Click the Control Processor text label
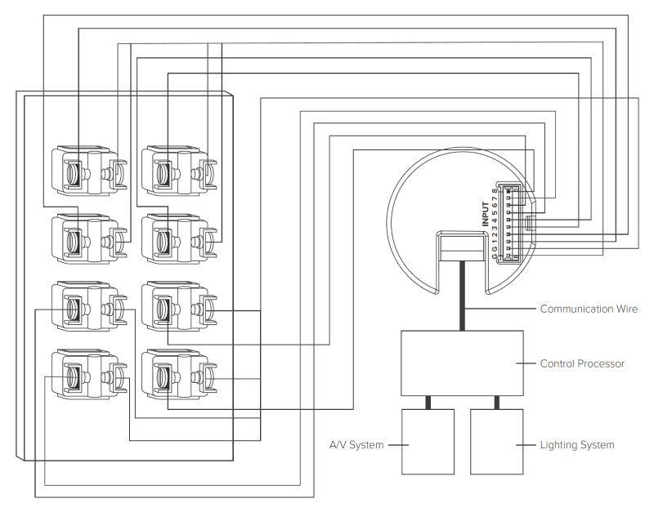click(584, 363)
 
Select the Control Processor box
click(462, 363)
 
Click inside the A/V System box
click(428, 441)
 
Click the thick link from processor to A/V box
click(428, 403)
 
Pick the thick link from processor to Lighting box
click(496, 403)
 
